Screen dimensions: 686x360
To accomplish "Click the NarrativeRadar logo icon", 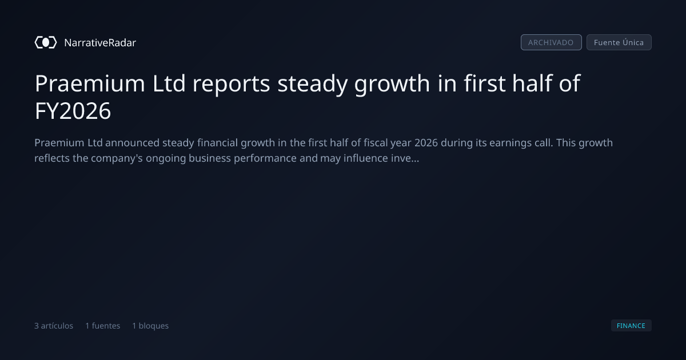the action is coord(46,42).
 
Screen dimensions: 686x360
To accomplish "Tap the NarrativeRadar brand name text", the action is coord(100,43).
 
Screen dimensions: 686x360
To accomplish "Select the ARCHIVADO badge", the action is coord(551,42).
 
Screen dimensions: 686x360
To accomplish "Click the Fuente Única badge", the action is coord(619,42).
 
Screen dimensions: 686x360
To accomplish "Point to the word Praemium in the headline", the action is coord(90,83).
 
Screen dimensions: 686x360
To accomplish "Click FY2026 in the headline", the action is coord(73,111).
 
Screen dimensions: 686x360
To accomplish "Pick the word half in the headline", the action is coord(532,83).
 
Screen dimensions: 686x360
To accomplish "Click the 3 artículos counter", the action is coord(54,326).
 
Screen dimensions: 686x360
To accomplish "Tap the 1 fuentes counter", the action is coord(102,326).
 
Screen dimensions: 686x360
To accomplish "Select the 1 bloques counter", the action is coord(150,326).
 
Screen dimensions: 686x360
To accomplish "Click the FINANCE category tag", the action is coord(631,326).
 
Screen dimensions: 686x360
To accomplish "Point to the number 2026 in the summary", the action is coord(426,143).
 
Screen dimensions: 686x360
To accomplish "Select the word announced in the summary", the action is coord(132,143).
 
